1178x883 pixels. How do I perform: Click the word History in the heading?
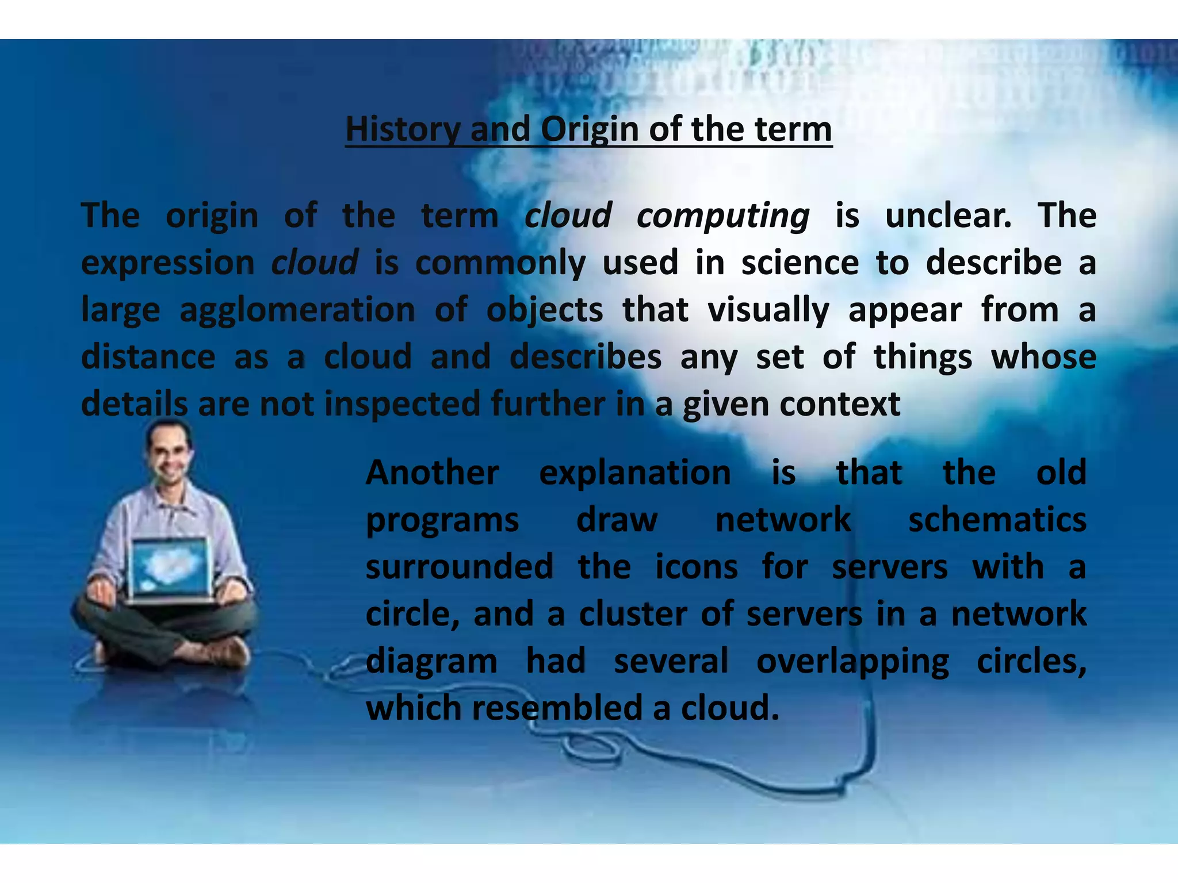402,129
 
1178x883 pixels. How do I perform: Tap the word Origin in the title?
589,129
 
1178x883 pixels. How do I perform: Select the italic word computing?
722,216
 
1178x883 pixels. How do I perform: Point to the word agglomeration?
297,310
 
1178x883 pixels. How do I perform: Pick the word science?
800,263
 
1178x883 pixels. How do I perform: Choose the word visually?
768,310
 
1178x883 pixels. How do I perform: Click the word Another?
432,473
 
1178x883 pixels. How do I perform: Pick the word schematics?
997,520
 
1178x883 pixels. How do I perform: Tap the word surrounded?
459,567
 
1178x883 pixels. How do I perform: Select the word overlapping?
852,661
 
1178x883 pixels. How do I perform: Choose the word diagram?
431,661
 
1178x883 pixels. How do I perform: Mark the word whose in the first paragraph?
1043,357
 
